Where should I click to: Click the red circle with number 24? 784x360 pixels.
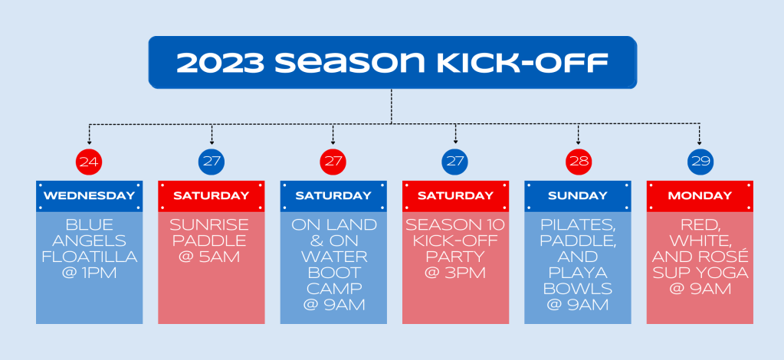[89, 162]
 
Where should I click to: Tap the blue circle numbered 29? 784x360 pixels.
[700, 162]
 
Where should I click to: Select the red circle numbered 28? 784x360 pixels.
[579, 162]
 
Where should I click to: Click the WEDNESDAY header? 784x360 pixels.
[90, 195]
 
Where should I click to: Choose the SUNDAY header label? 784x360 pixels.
[578, 195]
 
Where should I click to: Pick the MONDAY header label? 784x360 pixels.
[700, 195]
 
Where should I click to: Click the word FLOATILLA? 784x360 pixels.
[90, 257]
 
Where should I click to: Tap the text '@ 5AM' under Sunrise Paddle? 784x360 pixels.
[212, 257]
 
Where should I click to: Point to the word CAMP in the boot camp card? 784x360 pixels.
[333, 289]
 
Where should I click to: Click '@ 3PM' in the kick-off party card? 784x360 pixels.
[455, 273]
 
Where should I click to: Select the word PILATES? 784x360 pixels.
[578, 225]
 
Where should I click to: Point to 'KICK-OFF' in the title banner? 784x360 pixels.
[523, 63]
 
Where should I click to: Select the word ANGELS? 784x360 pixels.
[90, 241]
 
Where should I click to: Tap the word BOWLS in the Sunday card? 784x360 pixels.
[578, 289]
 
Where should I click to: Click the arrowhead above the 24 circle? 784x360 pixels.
[89, 142]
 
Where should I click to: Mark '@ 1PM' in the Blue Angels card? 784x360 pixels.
[90, 273]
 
